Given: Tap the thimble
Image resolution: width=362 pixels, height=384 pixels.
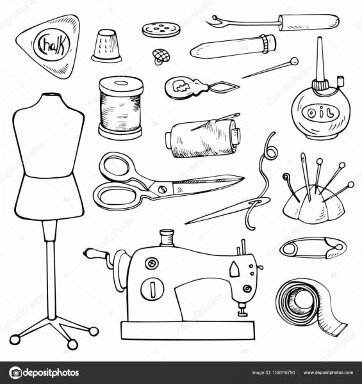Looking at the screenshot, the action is pos(106,45).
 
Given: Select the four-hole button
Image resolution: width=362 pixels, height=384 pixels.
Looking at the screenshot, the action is pos(161,30).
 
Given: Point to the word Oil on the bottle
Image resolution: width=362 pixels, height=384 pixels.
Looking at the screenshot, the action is pos(320,113).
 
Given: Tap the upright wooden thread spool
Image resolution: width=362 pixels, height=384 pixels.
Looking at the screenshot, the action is pos(120,108).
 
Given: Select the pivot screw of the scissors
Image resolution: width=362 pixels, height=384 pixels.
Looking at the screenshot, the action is pos(161,189).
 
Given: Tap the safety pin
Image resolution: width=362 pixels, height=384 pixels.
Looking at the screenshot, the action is pos(313,248).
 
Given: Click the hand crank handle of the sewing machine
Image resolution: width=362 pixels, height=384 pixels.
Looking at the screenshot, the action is pos(94,254).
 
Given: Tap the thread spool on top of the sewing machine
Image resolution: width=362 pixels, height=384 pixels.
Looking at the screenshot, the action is pos(167,238).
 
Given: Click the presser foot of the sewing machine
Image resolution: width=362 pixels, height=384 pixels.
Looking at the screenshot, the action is pos(242,310).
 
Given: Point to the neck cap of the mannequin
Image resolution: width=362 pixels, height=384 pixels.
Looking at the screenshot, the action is pos(51,95).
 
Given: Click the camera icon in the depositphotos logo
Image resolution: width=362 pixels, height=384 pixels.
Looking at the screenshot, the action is pos(15,372).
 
